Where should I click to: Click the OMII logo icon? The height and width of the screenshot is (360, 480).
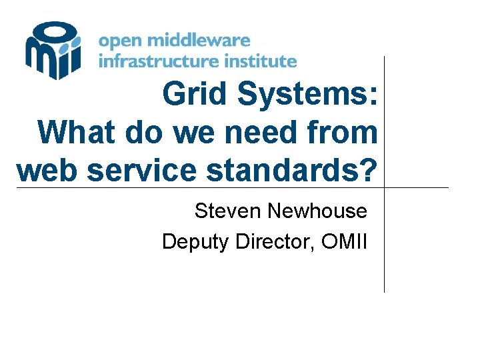(x=53, y=50)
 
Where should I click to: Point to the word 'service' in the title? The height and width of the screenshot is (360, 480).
(x=142, y=170)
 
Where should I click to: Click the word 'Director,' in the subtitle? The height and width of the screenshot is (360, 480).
(x=276, y=241)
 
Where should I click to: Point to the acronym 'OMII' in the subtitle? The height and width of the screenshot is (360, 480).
(x=344, y=241)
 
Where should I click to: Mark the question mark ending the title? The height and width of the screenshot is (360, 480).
(x=369, y=170)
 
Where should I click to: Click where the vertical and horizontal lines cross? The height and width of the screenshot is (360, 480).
(x=385, y=187)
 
